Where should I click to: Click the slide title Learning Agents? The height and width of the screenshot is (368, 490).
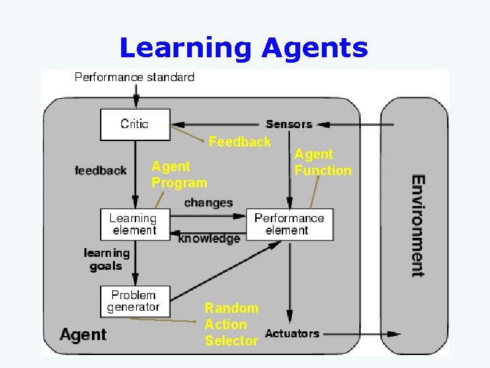coord(244,48)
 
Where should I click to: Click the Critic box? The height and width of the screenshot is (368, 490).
coord(135,124)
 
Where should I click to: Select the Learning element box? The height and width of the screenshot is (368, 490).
coord(133,224)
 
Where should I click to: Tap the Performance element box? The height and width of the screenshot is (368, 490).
coord(289,224)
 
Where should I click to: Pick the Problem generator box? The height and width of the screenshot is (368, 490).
coord(134,301)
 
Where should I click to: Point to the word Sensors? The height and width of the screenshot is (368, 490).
coord(289,124)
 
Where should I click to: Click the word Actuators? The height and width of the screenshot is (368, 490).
coord(292,333)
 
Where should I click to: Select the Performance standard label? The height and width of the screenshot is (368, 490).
coord(134,77)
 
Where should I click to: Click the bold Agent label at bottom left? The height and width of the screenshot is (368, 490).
coord(83,335)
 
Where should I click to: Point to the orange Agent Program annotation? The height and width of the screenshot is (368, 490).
coord(179,174)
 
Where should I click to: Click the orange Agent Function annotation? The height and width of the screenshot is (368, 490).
coord(323,163)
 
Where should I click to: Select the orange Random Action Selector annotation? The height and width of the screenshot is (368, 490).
coord(231,324)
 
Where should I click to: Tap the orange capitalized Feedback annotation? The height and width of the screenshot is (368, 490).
coord(240,142)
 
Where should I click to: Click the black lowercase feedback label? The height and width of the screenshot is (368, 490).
coord(101,170)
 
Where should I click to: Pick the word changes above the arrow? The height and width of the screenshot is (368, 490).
coord(208,202)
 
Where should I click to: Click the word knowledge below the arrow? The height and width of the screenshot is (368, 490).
coord(209,239)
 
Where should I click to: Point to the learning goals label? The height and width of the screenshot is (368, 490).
coord(106,259)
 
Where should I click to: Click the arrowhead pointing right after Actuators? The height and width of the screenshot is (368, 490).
coord(394,334)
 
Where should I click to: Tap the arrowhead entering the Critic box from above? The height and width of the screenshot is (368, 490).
coord(136,104)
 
